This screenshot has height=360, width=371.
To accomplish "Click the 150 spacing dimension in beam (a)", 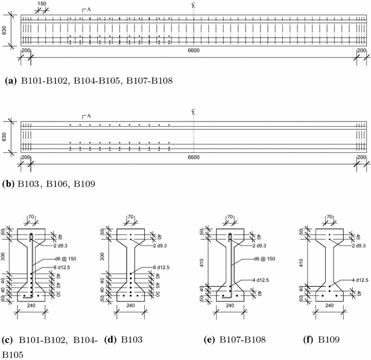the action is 42,4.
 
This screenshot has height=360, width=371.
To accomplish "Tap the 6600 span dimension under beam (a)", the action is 194,53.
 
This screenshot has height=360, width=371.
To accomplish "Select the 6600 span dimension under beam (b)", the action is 194,157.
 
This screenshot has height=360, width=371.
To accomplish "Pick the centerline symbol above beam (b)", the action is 192,112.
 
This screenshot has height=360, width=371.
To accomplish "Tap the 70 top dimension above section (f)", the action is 329,216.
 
